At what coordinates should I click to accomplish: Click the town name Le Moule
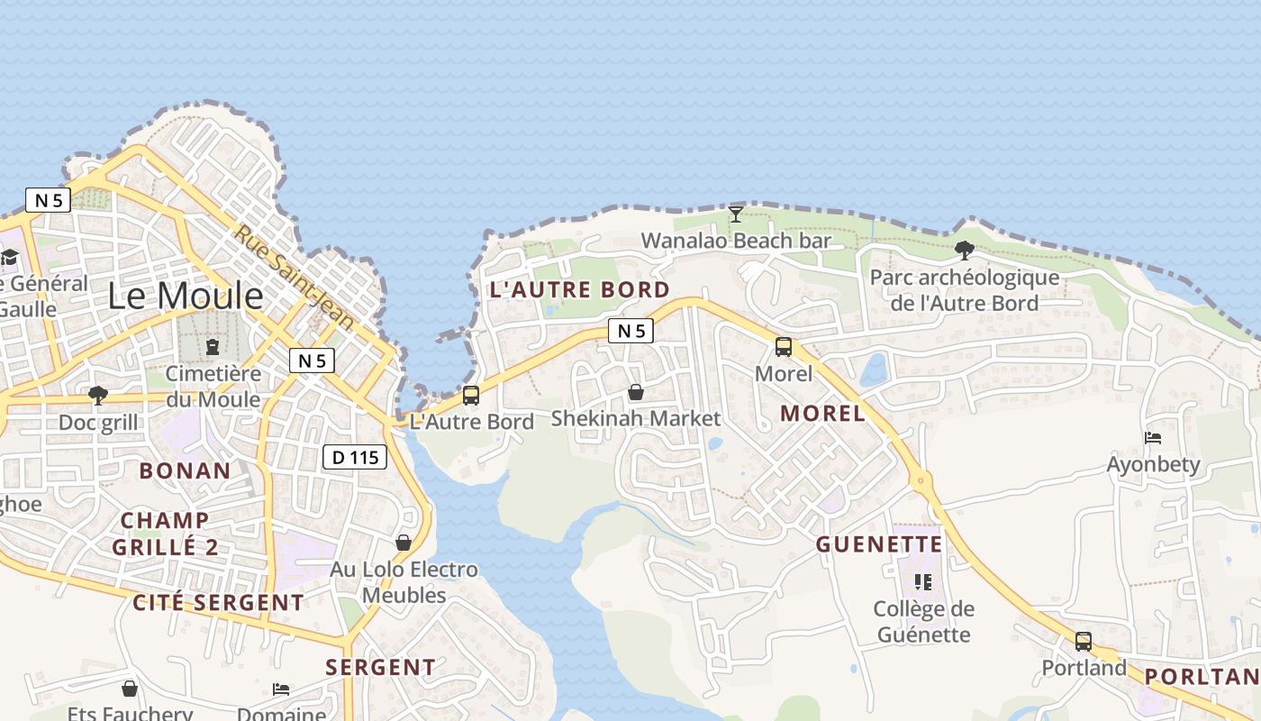186,296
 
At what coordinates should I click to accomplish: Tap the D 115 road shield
355,457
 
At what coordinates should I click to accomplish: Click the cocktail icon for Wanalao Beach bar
736,214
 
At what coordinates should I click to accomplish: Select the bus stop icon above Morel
784,347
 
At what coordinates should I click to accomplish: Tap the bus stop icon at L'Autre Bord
471,396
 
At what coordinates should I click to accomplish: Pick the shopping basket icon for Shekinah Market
636,392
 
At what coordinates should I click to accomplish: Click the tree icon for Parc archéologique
965,250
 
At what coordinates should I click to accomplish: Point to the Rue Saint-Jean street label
295,277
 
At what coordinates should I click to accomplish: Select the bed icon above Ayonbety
1153,438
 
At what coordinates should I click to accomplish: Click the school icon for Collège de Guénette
923,582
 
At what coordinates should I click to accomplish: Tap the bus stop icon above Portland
1084,642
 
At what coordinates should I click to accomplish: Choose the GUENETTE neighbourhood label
879,544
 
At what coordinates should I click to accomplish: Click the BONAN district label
185,470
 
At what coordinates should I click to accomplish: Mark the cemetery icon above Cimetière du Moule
213,347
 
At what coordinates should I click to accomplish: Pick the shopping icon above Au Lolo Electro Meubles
404,543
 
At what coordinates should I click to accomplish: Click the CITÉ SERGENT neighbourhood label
218,603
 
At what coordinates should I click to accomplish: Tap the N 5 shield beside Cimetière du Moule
312,360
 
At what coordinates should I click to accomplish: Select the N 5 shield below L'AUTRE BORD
630,331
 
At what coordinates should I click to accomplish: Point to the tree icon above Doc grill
98,396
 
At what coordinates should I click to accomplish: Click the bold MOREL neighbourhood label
822,414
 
